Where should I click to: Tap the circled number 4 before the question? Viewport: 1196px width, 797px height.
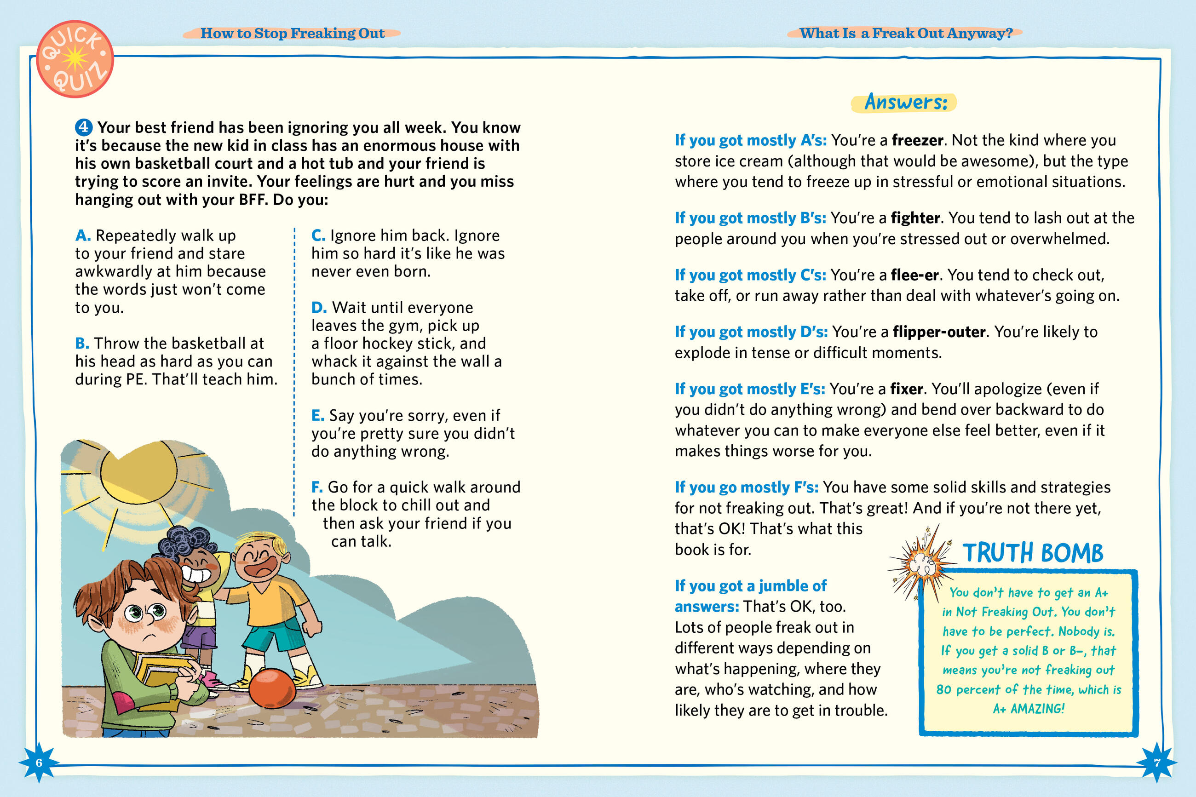pos(83,127)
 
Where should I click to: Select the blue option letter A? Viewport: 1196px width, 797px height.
pos(82,235)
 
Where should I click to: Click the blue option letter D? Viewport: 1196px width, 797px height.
pos(319,308)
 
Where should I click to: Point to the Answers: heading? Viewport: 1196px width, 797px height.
pos(905,102)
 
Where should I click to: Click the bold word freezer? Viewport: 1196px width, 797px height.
pos(917,140)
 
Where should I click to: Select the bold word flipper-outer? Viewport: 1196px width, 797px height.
pos(939,332)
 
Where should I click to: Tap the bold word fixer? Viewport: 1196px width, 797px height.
pos(906,389)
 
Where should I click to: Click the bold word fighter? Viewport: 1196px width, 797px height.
pos(915,218)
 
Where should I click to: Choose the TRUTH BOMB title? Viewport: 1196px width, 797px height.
pos(1032,553)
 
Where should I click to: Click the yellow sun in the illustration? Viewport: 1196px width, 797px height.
pos(138,473)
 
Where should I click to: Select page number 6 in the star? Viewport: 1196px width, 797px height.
pos(39,763)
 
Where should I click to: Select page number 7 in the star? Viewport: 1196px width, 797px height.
pos(1157,763)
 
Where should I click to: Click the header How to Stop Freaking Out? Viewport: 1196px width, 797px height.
pos(292,34)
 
